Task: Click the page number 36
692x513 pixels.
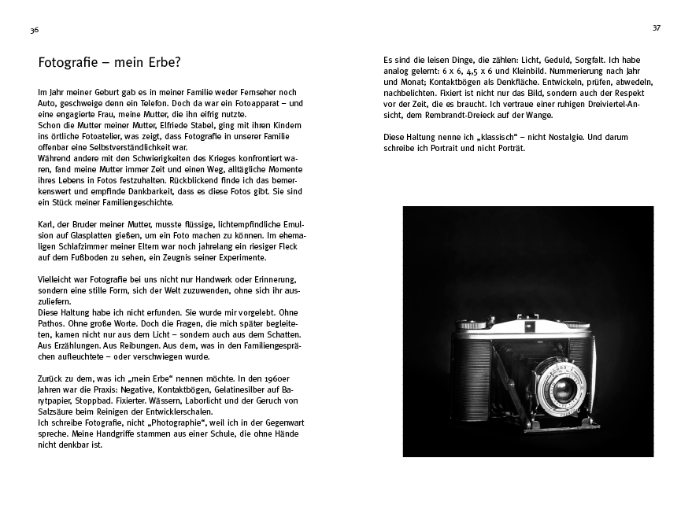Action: click(x=34, y=30)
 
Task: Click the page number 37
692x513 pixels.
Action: click(x=657, y=28)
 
